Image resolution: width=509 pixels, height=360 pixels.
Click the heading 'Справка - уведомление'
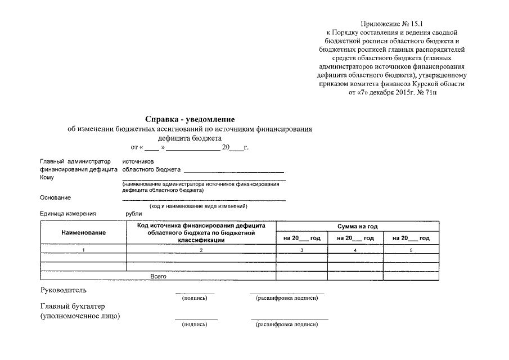[x=190, y=119]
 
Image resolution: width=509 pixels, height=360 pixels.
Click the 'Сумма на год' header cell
[x=357, y=226]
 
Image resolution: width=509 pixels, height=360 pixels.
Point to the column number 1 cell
[x=83, y=249]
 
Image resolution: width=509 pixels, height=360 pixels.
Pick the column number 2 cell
[x=201, y=249]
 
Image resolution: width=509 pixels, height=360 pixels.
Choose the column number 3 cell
[x=302, y=249]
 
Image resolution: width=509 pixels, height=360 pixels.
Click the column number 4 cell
[x=355, y=249]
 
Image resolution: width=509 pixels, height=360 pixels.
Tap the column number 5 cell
[x=411, y=249]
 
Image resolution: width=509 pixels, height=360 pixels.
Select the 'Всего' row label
[x=158, y=276]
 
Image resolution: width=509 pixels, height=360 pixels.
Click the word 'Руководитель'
[x=64, y=290]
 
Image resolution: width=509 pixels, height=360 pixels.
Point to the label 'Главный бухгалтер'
[x=73, y=306]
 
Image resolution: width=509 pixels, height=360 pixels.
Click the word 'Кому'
[x=47, y=178]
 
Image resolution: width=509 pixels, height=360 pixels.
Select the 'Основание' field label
[x=55, y=197]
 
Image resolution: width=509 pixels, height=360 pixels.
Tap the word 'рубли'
[x=134, y=214]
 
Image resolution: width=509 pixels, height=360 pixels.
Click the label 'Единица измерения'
[x=68, y=214]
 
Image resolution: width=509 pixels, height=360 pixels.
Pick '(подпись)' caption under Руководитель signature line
[x=195, y=298]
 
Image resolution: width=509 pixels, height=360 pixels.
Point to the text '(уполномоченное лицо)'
[x=80, y=316]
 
